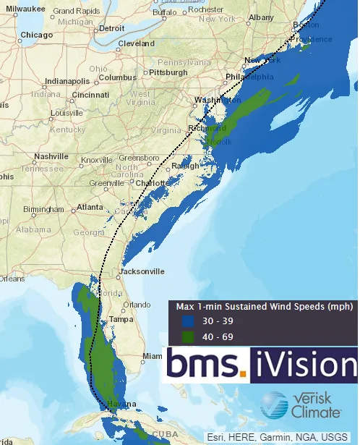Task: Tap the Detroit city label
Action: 111,28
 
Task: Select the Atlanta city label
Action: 90,207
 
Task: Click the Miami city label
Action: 153,356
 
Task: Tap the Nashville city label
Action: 51,156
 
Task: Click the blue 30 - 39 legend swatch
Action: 189,321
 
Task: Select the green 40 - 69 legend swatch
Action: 189,336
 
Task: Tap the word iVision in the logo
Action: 304,364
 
